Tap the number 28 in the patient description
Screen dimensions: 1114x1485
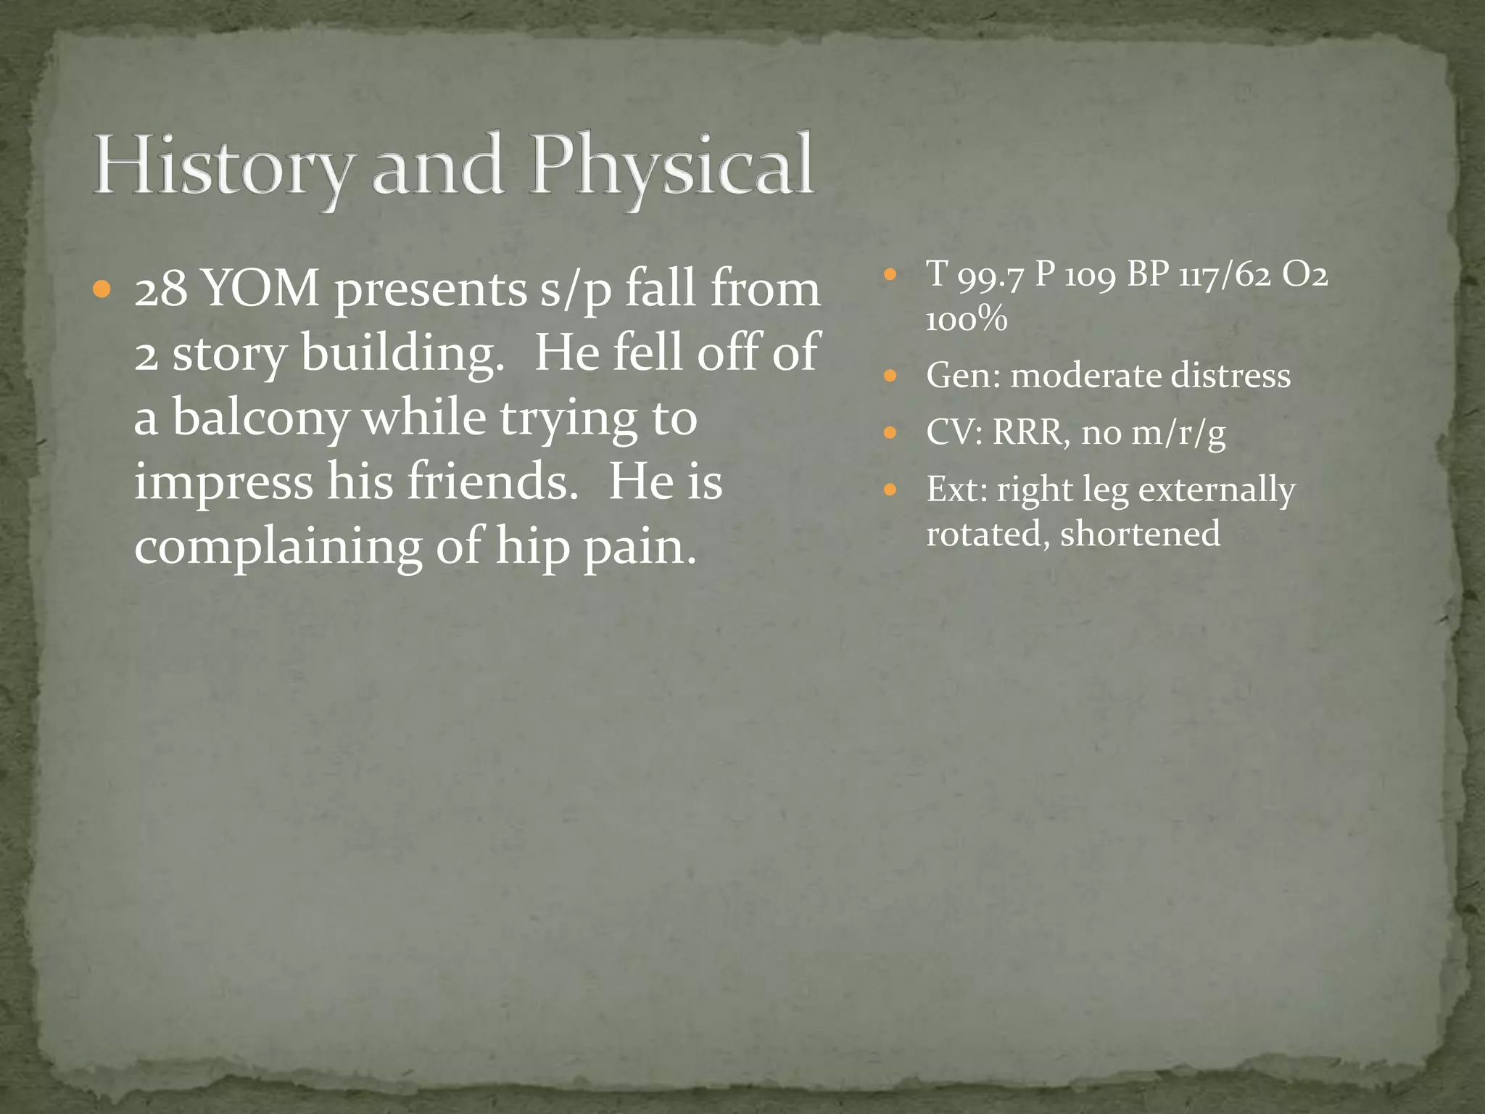pyautogui.click(x=160, y=289)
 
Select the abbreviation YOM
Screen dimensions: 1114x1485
pyautogui.click(x=260, y=289)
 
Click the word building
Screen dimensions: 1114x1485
pyautogui.click(x=402, y=354)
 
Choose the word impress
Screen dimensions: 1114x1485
pyautogui.click(x=223, y=482)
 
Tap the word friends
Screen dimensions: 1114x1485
pyautogui.click(x=492, y=482)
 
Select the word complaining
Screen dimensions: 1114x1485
pyautogui.click(x=278, y=546)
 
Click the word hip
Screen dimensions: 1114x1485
pyautogui.click(x=532, y=548)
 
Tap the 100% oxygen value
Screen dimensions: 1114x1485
pyautogui.click(x=967, y=319)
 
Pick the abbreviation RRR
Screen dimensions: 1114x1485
pyautogui.click(x=1030, y=433)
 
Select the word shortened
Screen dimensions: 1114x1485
pyautogui.click(x=1140, y=534)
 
